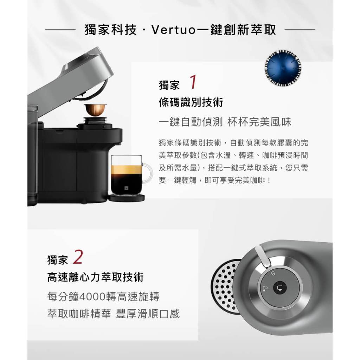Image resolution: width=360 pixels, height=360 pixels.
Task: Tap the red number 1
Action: pos(193,82)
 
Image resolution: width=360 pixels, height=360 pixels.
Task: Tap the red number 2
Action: pos(78,257)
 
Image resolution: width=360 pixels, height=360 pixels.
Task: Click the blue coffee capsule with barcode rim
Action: pos(283,68)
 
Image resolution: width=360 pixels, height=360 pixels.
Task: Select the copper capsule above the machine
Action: pos(95,109)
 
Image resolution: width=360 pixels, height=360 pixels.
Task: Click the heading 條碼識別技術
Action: pos(191,102)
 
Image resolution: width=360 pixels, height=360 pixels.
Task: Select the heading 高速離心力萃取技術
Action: pos(95,277)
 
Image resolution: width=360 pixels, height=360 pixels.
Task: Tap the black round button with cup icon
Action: pos(280,288)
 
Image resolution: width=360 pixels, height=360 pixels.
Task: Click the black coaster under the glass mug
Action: pos(127,198)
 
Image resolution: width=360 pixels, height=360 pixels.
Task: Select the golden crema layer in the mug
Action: pos(127,169)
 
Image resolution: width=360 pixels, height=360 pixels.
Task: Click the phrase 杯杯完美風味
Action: pos(259,122)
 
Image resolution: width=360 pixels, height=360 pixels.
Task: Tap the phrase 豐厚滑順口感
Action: pos(148,314)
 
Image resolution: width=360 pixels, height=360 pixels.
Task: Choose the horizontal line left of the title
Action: pos(60,30)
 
